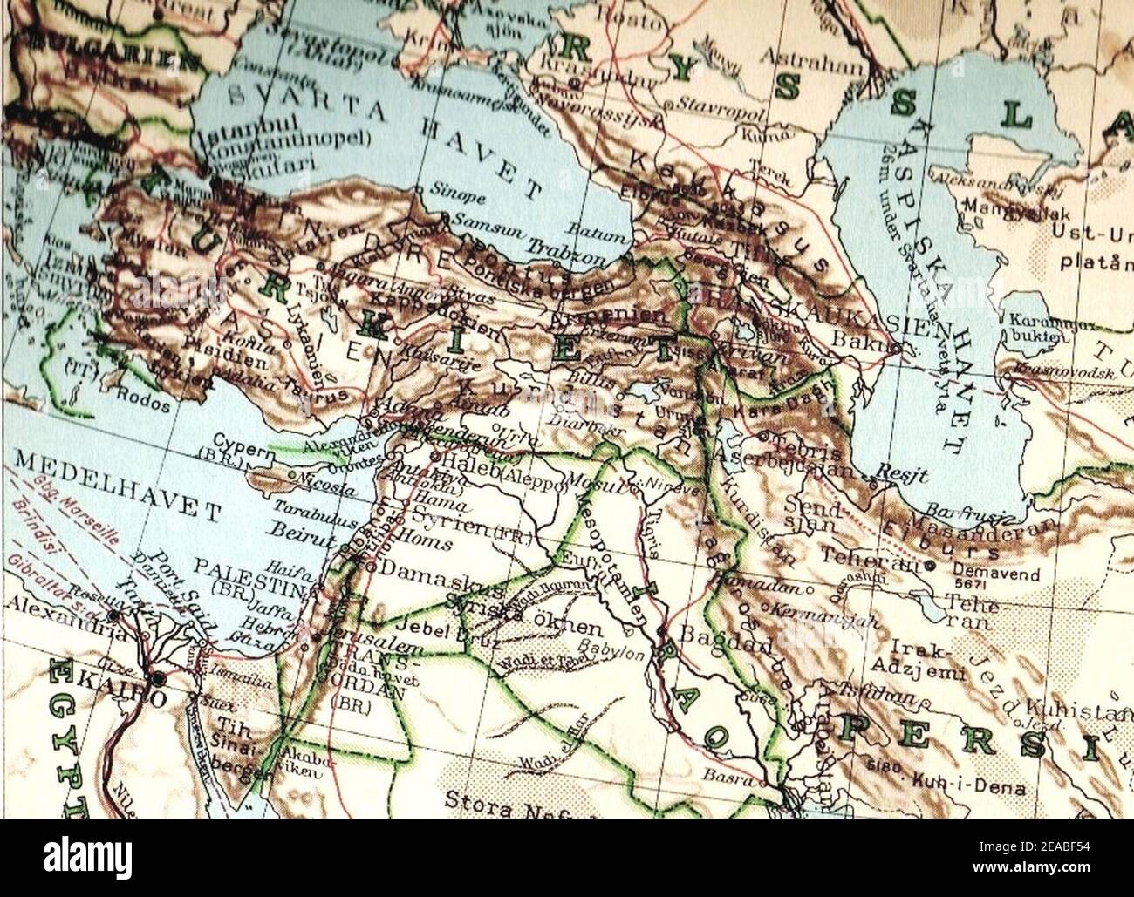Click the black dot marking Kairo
click(157, 678)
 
